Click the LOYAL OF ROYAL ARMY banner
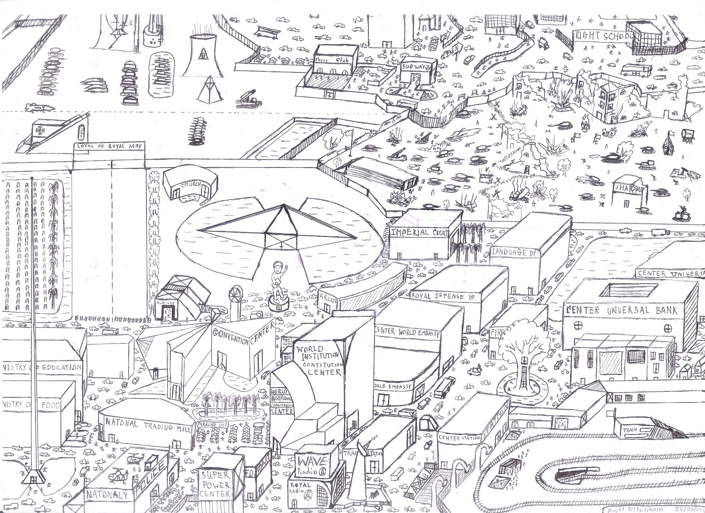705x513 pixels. tap(109, 148)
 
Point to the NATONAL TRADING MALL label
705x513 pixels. tap(147, 427)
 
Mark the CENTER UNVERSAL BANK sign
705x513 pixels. tap(622, 310)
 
